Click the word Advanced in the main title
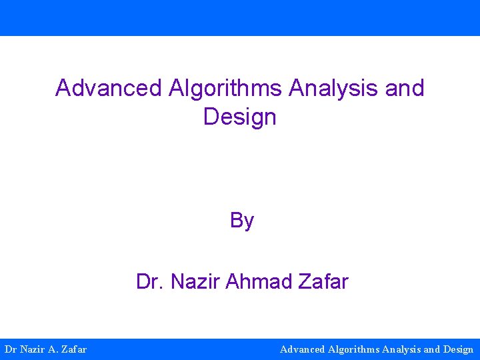109,88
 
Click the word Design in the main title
239,117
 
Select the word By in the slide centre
242,221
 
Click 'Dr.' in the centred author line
150,282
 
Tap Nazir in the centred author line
195,282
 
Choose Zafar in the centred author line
323,282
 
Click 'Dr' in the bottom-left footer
11,349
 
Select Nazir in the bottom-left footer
33,349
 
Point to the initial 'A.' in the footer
53,349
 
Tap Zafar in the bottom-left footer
73,349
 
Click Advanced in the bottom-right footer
303,349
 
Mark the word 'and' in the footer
432,349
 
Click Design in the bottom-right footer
458,349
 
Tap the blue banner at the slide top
240,17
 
